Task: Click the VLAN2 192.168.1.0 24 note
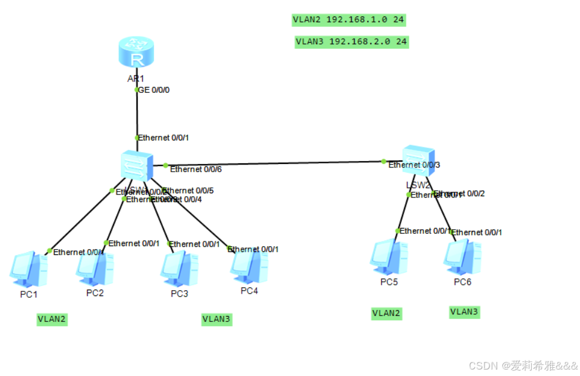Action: point(349,20)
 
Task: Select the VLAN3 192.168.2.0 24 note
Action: point(351,42)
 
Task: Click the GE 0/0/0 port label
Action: point(154,90)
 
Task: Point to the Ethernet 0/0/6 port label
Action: point(196,169)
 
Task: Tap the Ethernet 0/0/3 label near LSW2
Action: point(414,165)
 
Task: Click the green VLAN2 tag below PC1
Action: point(52,320)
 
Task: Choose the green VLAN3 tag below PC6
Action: point(464,311)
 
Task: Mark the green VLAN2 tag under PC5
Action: point(386,313)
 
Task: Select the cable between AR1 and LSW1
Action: point(137,115)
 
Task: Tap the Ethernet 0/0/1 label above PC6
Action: point(476,233)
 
